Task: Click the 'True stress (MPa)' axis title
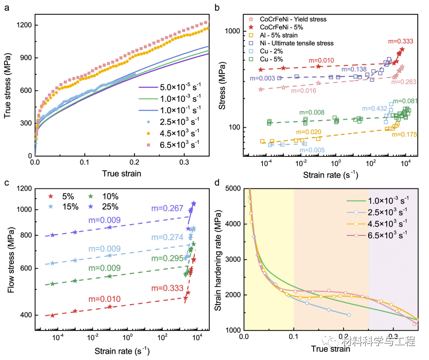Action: pos(7,85)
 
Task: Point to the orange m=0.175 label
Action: pos(404,135)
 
